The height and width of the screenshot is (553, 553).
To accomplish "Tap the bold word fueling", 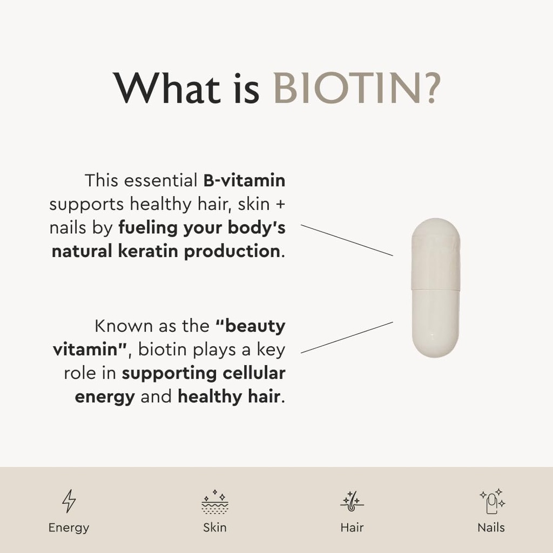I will coord(148,228).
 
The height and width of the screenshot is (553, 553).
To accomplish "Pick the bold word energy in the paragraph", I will coord(105,396).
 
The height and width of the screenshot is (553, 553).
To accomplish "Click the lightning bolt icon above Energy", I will coord(69,501).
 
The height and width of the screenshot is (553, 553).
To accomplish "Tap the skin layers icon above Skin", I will coord(215,502).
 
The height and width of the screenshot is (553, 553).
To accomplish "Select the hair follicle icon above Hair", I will coord(352,502).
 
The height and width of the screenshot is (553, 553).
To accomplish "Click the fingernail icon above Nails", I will coord(491,502).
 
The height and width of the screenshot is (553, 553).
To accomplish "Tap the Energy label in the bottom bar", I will coord(69,528).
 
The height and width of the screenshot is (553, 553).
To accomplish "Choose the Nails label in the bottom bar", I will coord(491,528).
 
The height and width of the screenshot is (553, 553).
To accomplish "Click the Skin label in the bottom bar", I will coord(215,528).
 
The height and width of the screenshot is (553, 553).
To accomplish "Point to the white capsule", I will coord(435,287).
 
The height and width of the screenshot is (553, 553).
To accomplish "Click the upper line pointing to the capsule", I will coord(347,240).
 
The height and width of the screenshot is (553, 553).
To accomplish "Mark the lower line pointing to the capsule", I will coord(347,338).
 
